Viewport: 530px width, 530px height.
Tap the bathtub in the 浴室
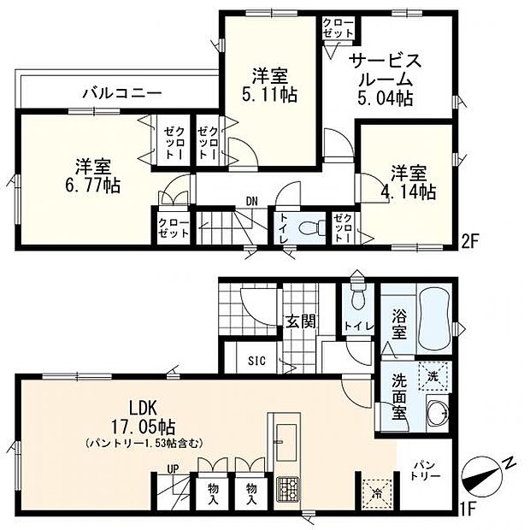[434, 320]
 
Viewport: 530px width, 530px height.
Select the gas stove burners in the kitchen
[287, 489]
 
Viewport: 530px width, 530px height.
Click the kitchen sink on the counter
[286, 442]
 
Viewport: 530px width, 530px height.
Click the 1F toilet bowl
[357, 295]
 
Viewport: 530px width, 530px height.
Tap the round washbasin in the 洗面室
[437, 412]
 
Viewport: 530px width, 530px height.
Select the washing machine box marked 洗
[433, 377]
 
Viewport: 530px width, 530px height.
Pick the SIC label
[256, 361]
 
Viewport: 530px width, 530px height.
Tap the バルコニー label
[122, 92]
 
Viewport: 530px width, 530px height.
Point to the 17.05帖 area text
[144, 427]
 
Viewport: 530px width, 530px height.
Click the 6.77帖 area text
[92, 185]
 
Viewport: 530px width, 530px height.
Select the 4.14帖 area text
[409, 191]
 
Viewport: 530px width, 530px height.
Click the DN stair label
[251, 202]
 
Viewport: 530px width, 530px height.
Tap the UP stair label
[173, 468]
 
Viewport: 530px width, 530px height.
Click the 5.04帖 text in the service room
[385, 98]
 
